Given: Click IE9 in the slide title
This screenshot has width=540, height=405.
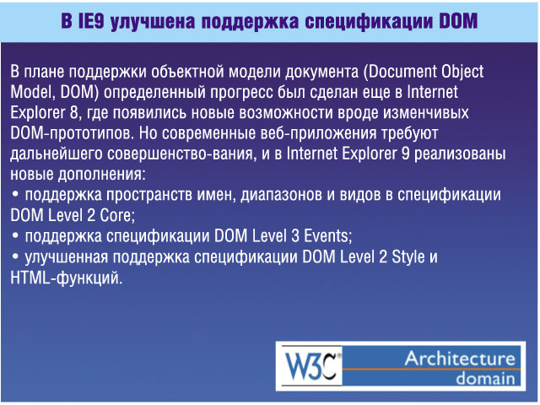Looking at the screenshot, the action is point(91,20).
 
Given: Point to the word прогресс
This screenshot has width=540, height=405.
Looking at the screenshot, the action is point(241,93).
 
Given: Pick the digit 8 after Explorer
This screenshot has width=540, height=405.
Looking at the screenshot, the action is point(73,112).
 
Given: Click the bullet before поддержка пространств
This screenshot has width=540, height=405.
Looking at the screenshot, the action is point(15,194).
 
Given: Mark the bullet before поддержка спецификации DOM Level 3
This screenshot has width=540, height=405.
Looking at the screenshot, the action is point(15,235).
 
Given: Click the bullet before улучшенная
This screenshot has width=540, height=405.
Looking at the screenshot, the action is point(15,256).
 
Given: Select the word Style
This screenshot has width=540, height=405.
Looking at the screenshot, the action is point(408,256).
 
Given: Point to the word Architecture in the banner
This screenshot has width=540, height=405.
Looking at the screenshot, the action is point(460,359).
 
